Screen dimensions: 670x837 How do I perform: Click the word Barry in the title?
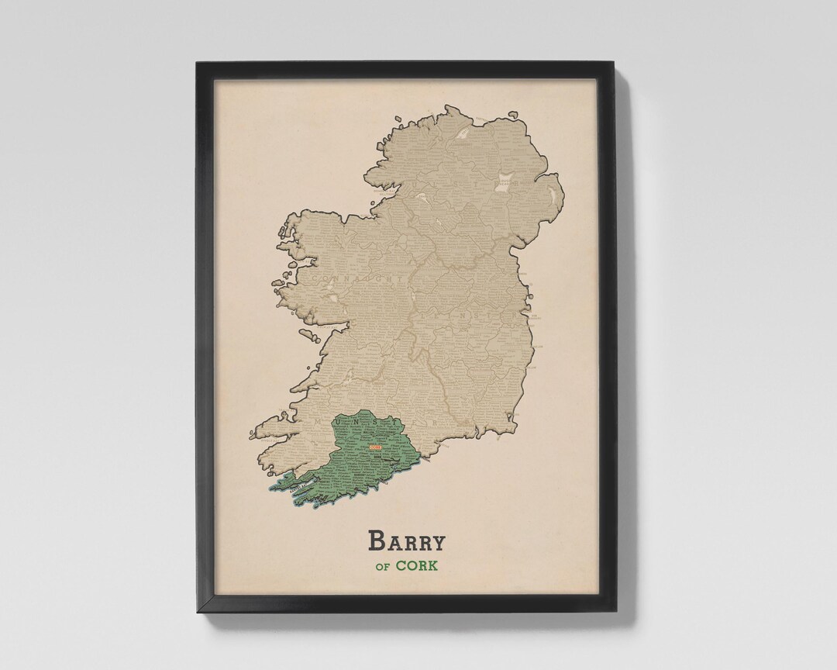[x=407, y=540]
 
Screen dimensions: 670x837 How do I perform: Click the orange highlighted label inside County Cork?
[x=375, y=448]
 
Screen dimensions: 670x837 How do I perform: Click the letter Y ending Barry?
[x=438, y=540]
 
